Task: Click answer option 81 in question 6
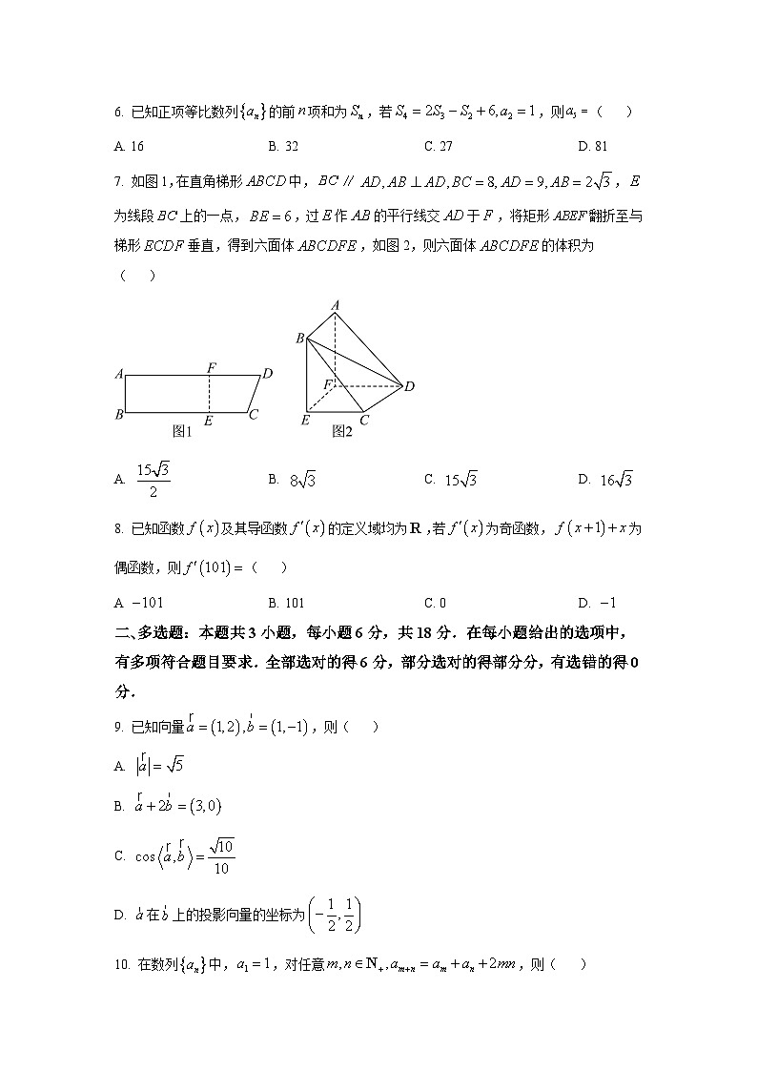[x=600, y=146]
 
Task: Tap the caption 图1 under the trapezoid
[x=182, y=431]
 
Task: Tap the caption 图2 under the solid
[x=342, y=431]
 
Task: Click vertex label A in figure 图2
[x=336, y=304]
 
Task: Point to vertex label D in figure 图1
[x=269, y=373]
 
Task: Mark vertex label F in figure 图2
[x=327, y=383]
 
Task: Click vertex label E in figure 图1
[x=209, y=420]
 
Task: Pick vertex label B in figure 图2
[x=299, y=339]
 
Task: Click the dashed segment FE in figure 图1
[x=210, y=394]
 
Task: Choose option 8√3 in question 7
[x=302, y=480]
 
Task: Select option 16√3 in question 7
[x=617, y=480]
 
